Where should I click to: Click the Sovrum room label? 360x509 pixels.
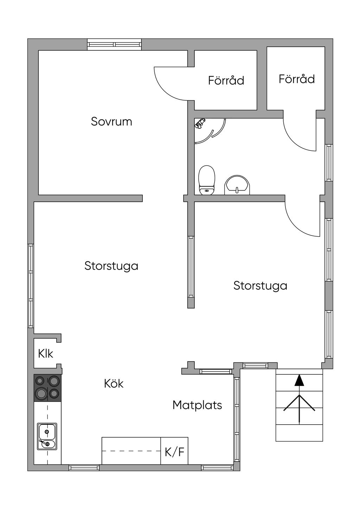[111, 122]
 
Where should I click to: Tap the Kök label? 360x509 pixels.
[114, 384]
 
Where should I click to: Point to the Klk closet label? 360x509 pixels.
[45, 354]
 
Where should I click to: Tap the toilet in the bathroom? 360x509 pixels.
[207, 180]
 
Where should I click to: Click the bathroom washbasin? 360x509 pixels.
[237, 185]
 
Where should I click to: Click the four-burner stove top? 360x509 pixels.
[47, 388]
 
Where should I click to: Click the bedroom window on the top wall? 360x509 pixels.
[115, 44]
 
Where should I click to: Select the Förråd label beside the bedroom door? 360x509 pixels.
[226, 80]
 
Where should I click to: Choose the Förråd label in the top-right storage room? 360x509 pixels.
[297, 79]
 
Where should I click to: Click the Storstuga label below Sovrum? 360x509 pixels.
[111, 266]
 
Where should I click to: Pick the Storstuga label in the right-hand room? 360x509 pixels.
[260, 286]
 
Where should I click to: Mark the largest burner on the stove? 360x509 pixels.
[40, 393]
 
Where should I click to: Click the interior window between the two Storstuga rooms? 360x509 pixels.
[191, 266]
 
